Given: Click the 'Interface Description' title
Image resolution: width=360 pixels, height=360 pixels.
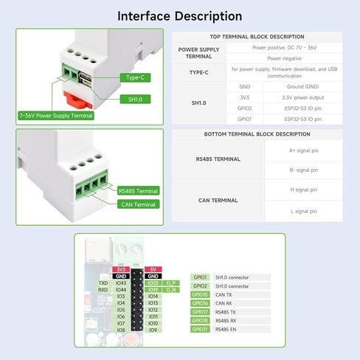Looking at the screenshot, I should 179,16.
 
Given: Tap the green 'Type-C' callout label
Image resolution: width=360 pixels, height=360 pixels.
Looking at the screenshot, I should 135,77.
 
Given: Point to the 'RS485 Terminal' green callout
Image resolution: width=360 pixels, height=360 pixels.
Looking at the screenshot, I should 137,190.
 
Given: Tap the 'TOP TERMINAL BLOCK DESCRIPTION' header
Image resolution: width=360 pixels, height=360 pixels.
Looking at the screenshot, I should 257,37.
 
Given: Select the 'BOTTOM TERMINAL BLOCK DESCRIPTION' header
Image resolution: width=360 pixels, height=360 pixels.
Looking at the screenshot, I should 257,134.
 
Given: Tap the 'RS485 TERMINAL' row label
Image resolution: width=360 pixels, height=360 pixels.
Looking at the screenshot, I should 218,158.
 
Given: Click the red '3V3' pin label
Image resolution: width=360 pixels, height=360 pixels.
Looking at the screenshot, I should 122,269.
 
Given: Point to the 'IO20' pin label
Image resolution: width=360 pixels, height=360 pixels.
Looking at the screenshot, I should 153,283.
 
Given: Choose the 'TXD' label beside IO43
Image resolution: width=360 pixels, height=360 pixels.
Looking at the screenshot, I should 104,283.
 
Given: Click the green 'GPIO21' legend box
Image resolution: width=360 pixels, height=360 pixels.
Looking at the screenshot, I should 201,329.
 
